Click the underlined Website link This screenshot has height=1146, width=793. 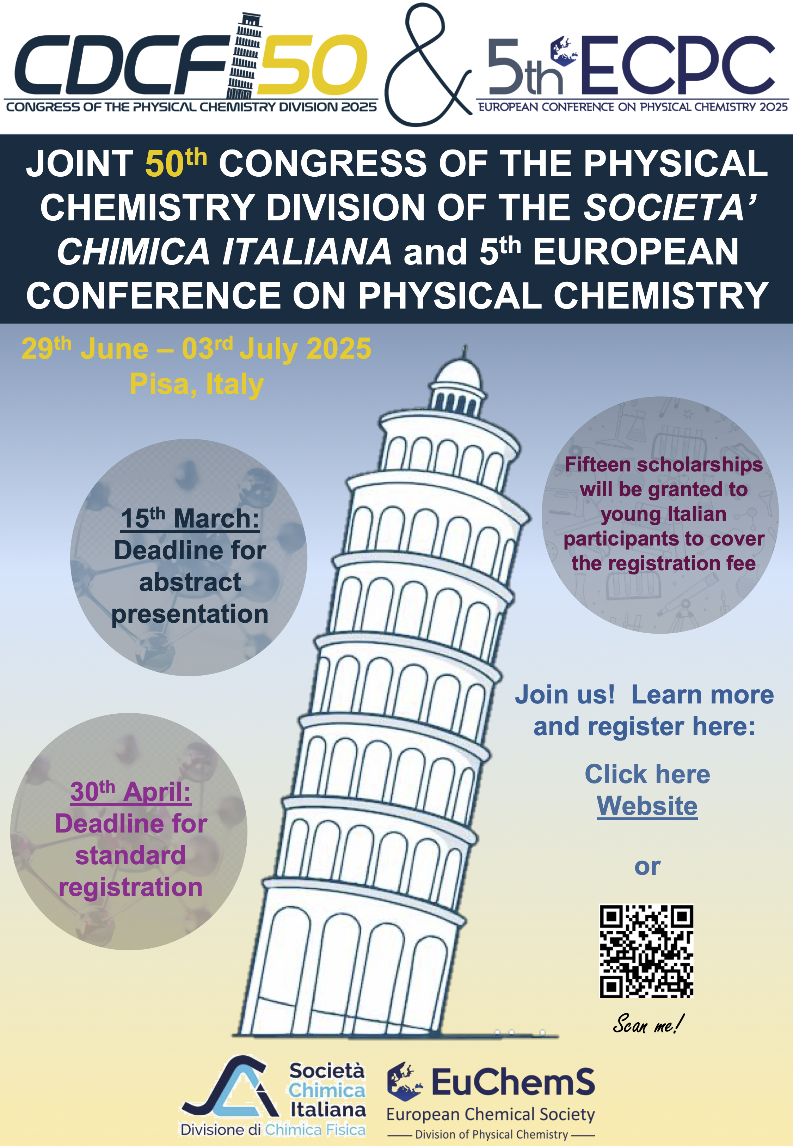tap(647, 806)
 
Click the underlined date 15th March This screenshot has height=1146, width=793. tap(190, 519)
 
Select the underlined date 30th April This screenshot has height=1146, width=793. tap(131, 792)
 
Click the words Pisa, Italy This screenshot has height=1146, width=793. tap(197, 384)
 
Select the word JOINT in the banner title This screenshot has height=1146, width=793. tap(80, 164)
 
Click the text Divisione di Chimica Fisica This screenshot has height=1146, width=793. tap(273, 1130)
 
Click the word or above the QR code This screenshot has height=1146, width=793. tap(647, 867)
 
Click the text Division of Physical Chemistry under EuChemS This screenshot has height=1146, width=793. tap(491, 1135)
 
